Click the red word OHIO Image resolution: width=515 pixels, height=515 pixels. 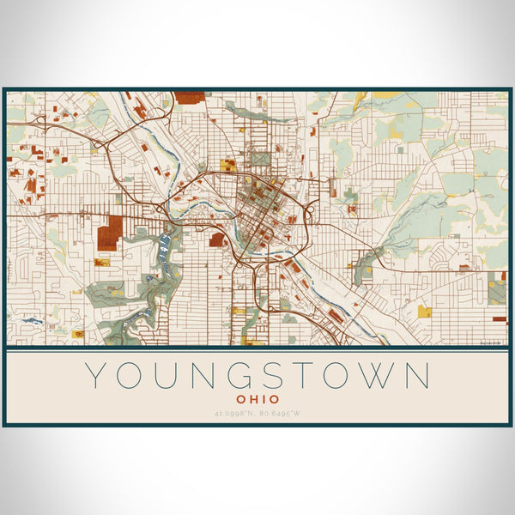(257, 399)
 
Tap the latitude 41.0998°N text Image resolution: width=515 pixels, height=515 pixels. (232, 414)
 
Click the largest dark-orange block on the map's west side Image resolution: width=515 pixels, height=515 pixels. (108, 233)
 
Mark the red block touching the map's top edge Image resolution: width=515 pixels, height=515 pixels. (190, 97)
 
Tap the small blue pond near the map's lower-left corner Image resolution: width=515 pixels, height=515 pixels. (32, 321)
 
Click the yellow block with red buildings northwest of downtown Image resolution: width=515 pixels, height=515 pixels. (227, 164)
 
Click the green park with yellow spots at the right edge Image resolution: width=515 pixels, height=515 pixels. (497, 291)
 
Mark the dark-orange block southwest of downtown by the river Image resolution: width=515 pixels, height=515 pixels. (217, 239)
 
